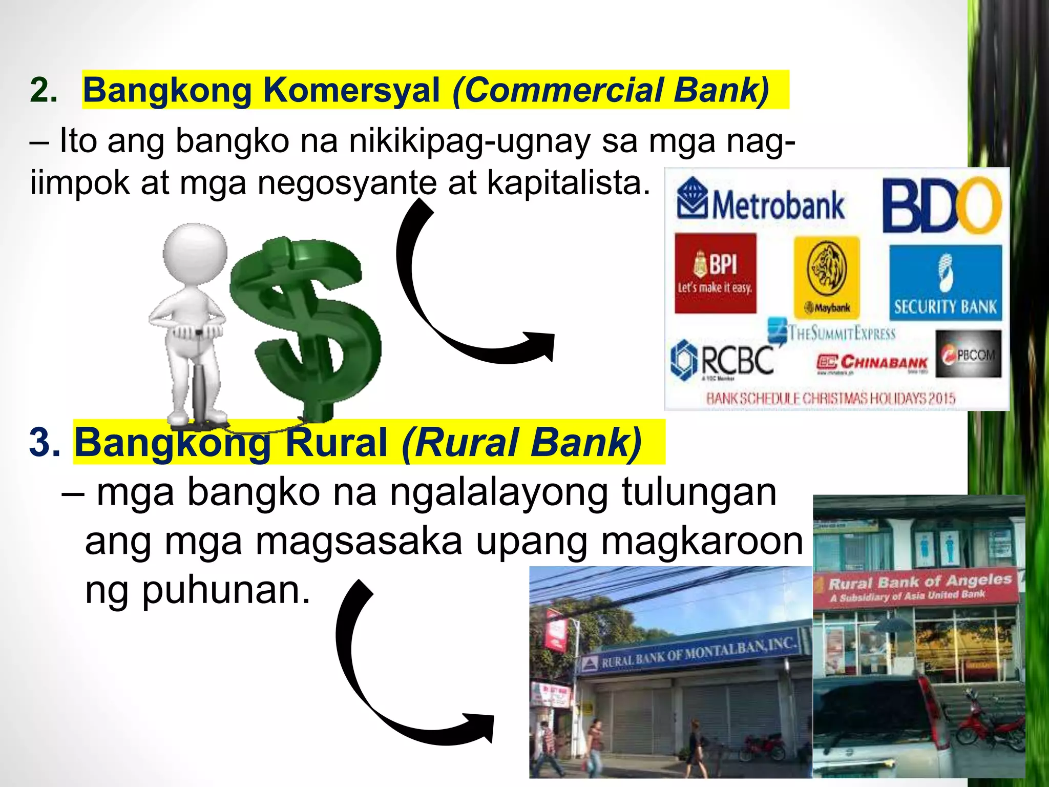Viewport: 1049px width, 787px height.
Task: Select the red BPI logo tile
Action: point(715,273)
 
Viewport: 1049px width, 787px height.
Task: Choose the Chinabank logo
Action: point(872,363)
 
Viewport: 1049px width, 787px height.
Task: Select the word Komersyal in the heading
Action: point(351,90)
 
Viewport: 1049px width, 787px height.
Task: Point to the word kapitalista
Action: point(569,183)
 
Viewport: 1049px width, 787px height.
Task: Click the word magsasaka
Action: point(359,542)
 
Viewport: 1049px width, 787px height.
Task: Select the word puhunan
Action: point(225,590)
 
